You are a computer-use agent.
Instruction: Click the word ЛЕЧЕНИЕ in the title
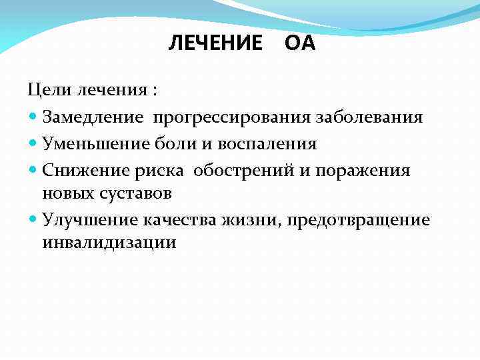coord(215,44)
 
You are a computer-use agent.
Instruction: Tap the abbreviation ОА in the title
coord(299,44)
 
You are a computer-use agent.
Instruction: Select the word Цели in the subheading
coord(47,89)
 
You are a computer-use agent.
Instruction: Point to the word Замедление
coord(93,117)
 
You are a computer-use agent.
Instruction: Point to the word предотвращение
coord(359,220)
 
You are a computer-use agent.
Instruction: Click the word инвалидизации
coord(109,242)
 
